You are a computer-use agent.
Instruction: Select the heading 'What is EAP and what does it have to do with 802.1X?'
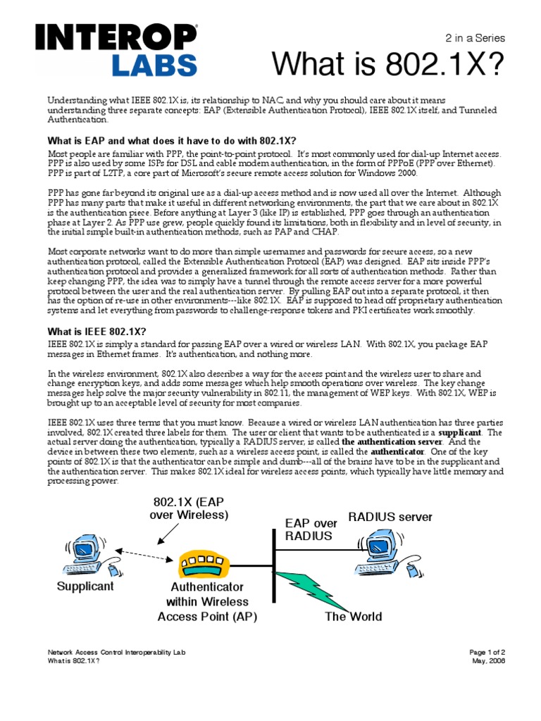pos(172,140)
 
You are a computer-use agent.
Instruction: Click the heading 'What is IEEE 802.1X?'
pos(97,332)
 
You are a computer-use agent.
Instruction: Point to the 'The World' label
pos(353,617)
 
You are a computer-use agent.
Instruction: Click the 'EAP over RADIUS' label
pos(308,529)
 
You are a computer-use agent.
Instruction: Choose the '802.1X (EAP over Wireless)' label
pos(189,508)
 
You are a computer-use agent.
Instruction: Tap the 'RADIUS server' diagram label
pos(390,518)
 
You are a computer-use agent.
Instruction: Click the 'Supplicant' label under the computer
pos(85,586)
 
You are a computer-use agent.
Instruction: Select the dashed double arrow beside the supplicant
pos(142,551)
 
